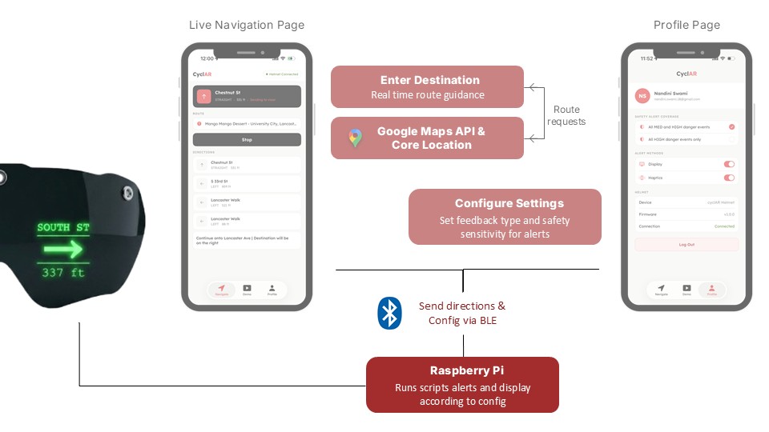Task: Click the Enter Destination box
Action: tap(426, 87)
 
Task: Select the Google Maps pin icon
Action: tap(355, 138)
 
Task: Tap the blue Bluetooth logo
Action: tap(389, 313)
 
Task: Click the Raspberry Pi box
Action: tap(462, 385)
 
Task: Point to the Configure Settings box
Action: tap(504, 216)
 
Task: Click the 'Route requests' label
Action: tap(566, 115)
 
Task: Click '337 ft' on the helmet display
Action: tap(63, 274)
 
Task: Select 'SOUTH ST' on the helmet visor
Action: tap(63, 228)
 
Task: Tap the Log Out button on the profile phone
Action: tap(686, 244)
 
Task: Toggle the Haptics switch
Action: tap(729, 178)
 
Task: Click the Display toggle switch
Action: tap(729, 164)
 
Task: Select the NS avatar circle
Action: tap(642, 95)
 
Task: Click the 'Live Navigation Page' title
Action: tap(247, 25)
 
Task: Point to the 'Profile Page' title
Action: tap(686, 25)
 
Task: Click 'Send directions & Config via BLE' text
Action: tap(462, 313)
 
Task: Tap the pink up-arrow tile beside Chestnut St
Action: tap(204, 96)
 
